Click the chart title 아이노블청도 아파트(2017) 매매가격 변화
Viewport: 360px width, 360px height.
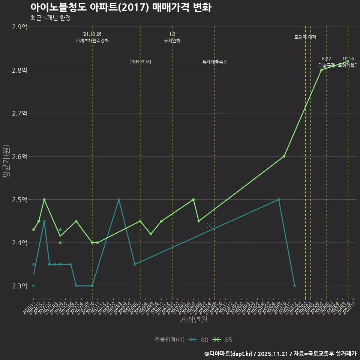[121, 7]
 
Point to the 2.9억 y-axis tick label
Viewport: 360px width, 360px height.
[19, 27]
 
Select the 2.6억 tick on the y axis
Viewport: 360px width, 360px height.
[19, 156]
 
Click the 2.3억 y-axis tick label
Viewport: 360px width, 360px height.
[19, 286]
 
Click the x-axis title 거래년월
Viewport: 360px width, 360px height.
[193, 320]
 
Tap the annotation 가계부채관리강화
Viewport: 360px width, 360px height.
[92, 40]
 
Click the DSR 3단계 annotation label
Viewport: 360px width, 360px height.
[140, 62]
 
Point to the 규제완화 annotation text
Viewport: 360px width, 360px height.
[172, 40]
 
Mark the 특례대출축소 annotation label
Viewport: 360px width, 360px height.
[215, 62]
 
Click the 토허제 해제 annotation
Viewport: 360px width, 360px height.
[305, 37]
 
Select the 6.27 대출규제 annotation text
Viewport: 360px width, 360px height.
[327, 62]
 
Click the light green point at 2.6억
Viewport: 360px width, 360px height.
[284, 156]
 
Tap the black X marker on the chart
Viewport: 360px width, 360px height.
[209, 225]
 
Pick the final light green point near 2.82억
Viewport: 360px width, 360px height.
[348, 61]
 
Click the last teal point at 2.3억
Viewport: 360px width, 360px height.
[294, 286]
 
